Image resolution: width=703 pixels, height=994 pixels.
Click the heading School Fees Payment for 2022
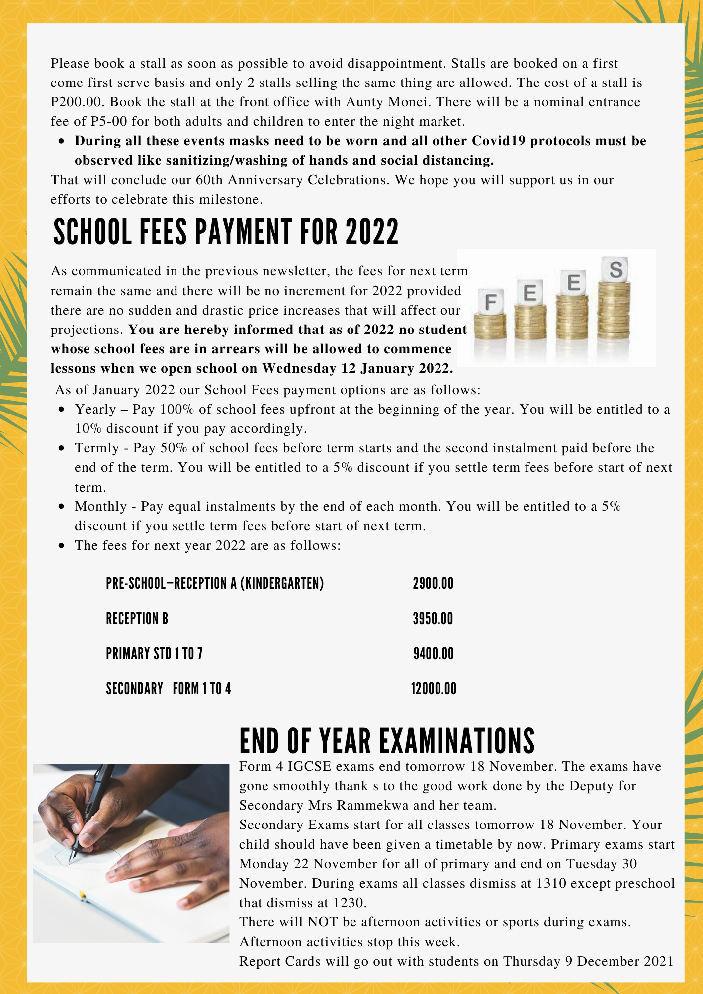pos(226,232)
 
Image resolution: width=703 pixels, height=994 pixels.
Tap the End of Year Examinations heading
pos(387,741)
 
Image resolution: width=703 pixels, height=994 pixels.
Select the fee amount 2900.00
pos(433,583)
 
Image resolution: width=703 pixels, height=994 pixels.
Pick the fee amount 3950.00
pos(433,619)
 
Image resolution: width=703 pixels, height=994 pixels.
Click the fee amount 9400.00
pos(434,654)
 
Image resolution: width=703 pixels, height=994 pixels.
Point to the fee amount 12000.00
pos(434,689)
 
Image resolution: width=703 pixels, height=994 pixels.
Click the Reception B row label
pos(137,619)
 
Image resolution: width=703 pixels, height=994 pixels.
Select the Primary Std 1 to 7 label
pos(154,654)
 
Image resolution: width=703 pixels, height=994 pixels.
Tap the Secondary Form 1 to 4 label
pos(169,689)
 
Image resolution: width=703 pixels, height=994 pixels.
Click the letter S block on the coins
pos(615,270)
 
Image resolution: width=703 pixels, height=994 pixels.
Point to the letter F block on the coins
pos(490,302)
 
